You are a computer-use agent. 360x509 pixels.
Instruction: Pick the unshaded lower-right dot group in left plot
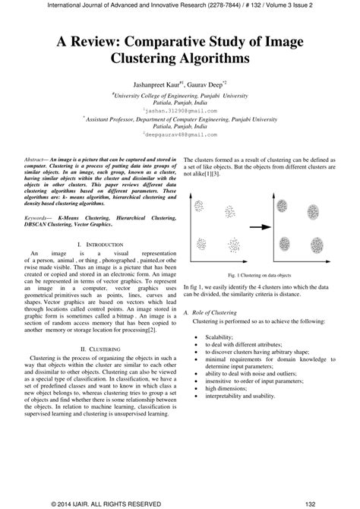(x=235, y=245)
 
